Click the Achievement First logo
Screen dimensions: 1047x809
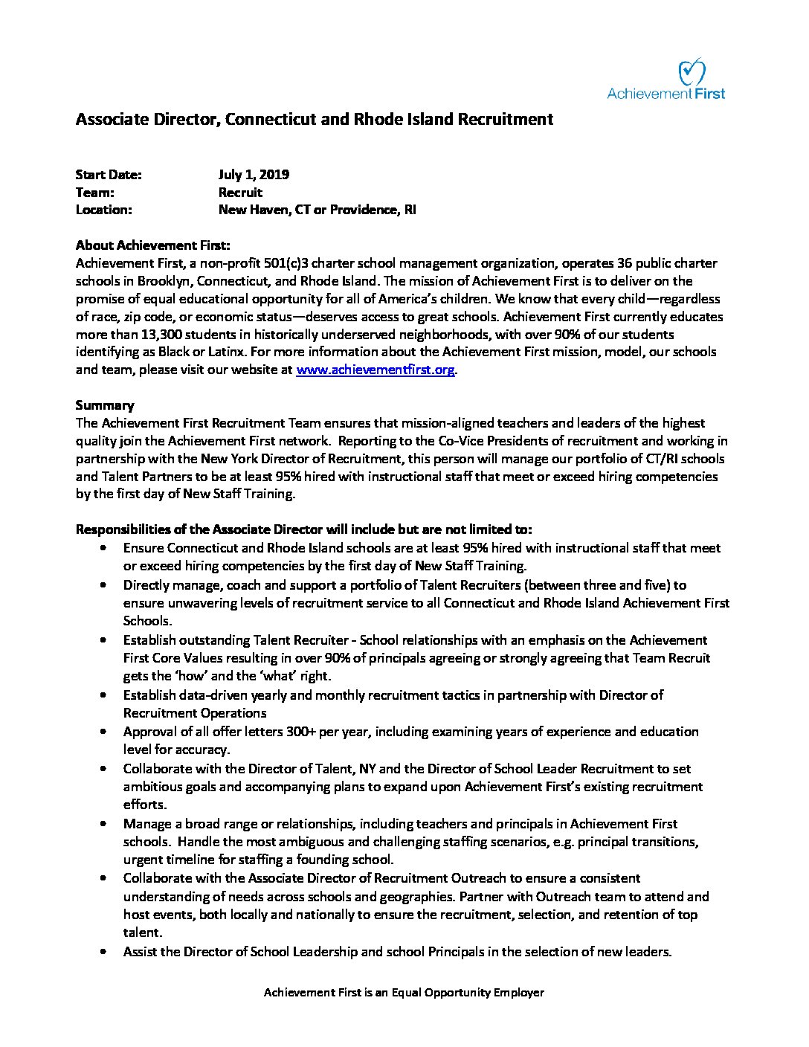click(665, 80)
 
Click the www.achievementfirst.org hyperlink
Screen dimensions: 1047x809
click(375, 370)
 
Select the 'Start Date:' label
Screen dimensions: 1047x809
click(109, 175)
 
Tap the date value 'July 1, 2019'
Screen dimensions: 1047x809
click(254, 175)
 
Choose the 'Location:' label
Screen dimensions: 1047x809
click(104, 210)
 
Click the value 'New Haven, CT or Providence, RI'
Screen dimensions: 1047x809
click(317, 210)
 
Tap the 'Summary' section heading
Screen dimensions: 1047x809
click(105, 405)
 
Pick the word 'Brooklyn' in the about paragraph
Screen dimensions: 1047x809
click(139, 281)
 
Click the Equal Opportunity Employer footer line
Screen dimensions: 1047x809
click(404, 993)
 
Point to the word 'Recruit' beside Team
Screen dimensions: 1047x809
click(240, 193)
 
